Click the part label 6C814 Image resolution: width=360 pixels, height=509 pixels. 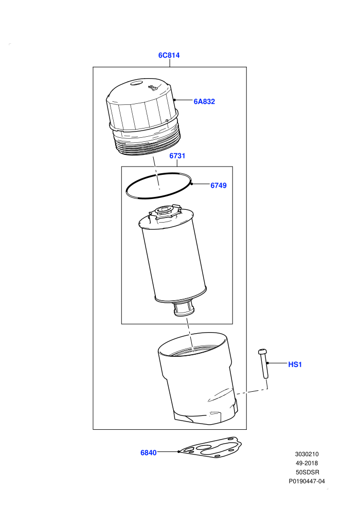[x=169, y=55]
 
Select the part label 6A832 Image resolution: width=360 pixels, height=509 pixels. [x=204, y=101]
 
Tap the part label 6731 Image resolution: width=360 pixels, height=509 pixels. [x=177, y=156]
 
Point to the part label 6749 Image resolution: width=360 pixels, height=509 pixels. [x=219, y=186]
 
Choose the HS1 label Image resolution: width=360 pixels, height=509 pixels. [x=295, y=365]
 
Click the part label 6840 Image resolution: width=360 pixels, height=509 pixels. [x=148, y=452]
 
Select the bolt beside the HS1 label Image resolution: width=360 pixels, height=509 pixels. [x=263, y=363]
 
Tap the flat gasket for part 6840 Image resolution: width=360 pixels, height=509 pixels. [x=211, y=447]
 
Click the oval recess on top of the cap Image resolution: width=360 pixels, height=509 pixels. [x=136, y=83]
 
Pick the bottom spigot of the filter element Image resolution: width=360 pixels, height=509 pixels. [x=184, y=308]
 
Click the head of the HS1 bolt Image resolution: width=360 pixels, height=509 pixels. [x=262, y=352]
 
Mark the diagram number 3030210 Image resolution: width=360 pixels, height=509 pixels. [x=307, y=454]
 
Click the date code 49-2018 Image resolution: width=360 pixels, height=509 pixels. [x=307, y=463]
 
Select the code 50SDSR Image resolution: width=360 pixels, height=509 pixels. [x=307, y=472]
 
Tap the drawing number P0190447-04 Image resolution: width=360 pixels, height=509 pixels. [x=307, y=481]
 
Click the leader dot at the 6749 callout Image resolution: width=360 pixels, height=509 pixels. [x=192, y=184]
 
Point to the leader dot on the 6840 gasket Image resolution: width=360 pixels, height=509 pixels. [x=179, y=451]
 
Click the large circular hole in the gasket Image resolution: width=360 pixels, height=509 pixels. [x=204, y=448]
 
